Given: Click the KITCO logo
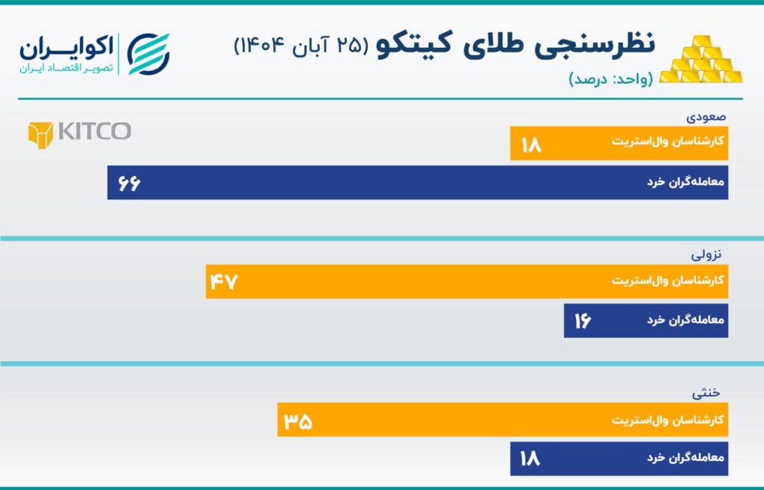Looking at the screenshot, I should click(79, 132).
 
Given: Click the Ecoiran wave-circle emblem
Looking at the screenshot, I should click(148, 54).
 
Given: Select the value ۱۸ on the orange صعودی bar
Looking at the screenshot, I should click(530, 143).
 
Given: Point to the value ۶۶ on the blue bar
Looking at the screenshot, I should click(128, 183).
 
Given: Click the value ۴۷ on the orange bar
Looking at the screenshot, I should click(223, 282).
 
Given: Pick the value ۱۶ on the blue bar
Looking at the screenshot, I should click(583, 321).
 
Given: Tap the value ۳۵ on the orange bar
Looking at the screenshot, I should click(298, 420).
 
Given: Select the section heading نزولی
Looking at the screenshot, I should click(709, 254).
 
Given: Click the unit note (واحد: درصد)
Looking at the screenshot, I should click(610, 78).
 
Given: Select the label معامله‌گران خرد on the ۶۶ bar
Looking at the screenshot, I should click(686, 183).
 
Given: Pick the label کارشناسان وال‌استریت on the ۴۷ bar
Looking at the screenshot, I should click(669, 282).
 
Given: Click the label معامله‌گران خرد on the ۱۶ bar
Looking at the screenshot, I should click(686, 321).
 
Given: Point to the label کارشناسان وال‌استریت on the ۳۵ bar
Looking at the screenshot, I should click(669, 420).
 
